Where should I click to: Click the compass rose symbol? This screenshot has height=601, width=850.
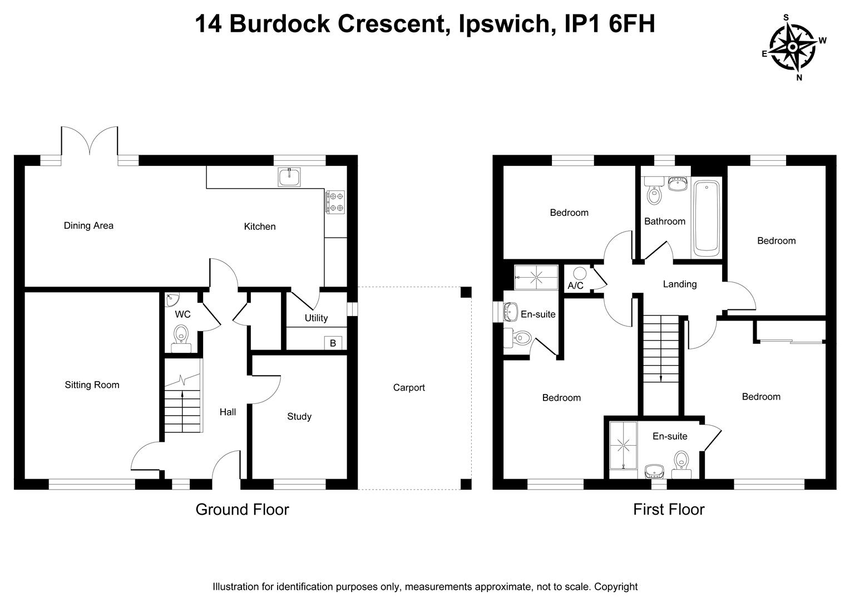[x=792, y=47]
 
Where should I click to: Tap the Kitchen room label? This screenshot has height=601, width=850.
[x=260, y=226]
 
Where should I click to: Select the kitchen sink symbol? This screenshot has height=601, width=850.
[x=289, y=177]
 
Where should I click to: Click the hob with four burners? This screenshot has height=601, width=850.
[x=334, y=201]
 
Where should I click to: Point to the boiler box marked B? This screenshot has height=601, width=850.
[x=333, y=343]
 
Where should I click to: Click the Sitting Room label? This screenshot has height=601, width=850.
[x=92, y=385]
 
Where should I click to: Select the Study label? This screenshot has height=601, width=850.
[x=299, y=416]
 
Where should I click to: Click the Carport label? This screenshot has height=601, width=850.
[x=409, y=387]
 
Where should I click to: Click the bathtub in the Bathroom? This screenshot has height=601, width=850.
[x=706, y=218]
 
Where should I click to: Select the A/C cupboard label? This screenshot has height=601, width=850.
[x=575, y=285]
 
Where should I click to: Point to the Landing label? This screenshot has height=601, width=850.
[x=680, y=284]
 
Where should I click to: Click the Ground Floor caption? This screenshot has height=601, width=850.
[x=242, y=509]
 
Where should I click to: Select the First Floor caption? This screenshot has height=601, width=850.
[x=669, y=509]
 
